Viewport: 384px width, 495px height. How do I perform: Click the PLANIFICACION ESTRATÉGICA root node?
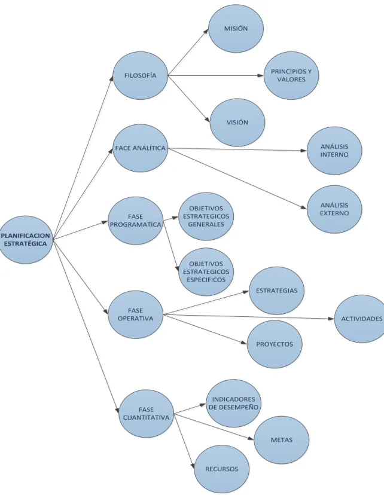[26, 240]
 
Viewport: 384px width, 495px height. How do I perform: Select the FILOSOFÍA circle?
[141, 76]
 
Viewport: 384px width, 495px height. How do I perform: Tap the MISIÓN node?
[236, 29]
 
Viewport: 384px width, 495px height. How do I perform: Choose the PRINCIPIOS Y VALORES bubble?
[291, 75]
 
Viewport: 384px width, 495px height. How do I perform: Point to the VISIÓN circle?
[237, 123]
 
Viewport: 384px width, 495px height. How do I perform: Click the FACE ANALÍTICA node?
[140, 148]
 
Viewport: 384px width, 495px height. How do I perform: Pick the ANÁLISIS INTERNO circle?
[334, 151]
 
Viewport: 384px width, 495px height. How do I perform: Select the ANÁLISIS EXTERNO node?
[334, 209]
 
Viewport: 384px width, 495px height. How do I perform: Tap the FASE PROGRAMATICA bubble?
[136, 221]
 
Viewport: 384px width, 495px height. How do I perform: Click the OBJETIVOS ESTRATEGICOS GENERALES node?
[206, 216]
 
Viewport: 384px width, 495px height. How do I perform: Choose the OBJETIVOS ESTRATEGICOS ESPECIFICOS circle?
[206, 272]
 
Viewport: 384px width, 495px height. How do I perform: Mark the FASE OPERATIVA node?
[135, 314]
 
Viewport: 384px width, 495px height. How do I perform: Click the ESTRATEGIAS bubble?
[276, 291]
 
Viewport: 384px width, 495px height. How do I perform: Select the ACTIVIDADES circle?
[361, 319]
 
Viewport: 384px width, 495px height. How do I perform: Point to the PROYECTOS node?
[275, 344]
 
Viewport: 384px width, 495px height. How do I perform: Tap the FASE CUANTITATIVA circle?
[146, 414]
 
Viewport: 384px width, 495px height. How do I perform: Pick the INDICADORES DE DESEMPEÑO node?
[234, 404]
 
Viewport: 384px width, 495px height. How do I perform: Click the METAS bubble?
[282, 440]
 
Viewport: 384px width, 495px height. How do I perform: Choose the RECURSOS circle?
[222, 469]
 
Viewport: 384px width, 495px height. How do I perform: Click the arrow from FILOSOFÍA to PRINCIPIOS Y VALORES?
[216, 76]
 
